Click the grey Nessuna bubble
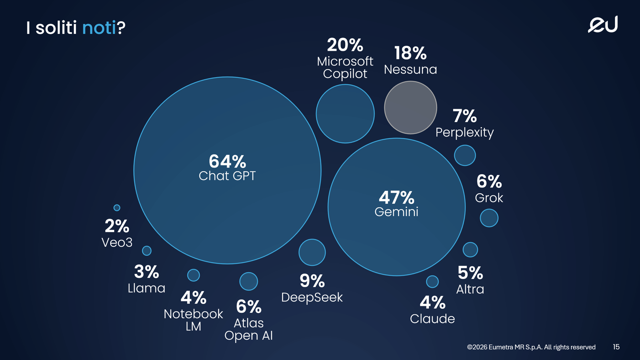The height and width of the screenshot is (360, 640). point(410,107)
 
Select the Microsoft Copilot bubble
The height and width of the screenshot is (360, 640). point(345,114)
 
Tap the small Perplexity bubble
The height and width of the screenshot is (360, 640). point(465,155)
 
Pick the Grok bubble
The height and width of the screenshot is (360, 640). point(489,218)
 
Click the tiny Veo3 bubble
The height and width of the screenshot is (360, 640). point(117,207)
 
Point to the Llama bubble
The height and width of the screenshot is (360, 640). point(147,251)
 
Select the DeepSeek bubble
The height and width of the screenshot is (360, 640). point(312,253)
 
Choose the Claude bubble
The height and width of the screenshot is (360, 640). point(432,282)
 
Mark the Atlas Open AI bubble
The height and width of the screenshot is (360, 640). point(248,281)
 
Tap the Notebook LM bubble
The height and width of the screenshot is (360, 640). point(194,275)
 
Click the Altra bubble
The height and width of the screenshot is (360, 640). point(470,250)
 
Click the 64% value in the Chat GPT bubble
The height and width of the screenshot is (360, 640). point(227,162)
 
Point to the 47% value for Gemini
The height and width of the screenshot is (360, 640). point(397,197)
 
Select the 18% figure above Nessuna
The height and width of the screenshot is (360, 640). point(410,53)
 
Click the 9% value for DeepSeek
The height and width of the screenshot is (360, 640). point(312,281)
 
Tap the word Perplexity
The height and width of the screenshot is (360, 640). point(465,132)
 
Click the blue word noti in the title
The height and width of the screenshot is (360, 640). point(99,27)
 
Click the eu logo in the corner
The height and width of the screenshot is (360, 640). point(603,24)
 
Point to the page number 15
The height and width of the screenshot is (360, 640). point(616,347)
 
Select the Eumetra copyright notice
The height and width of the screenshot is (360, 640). point(531,347)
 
